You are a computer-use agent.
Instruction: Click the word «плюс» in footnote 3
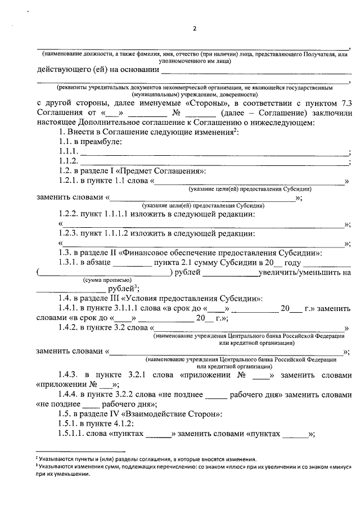click(x=217, y=466)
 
